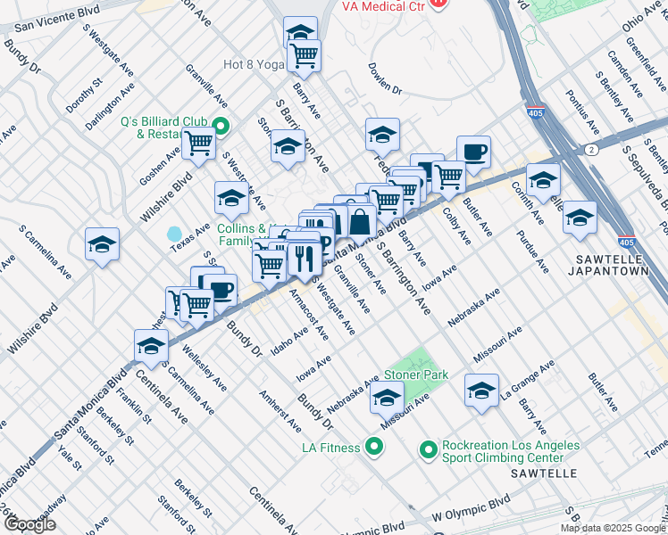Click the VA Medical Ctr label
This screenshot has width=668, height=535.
[383, 6]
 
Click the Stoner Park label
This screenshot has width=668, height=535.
[415, 375]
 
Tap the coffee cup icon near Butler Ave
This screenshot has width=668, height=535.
[472, 152]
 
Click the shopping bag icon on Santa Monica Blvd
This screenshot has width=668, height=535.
[359, 221]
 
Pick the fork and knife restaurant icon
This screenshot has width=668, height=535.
[305, 259]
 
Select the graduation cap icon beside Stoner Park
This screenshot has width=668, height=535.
[387, 399]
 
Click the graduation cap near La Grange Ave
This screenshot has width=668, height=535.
[481, 390]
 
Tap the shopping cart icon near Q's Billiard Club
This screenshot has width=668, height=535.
[198, 143]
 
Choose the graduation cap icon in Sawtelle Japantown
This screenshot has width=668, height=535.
[580, 217]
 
